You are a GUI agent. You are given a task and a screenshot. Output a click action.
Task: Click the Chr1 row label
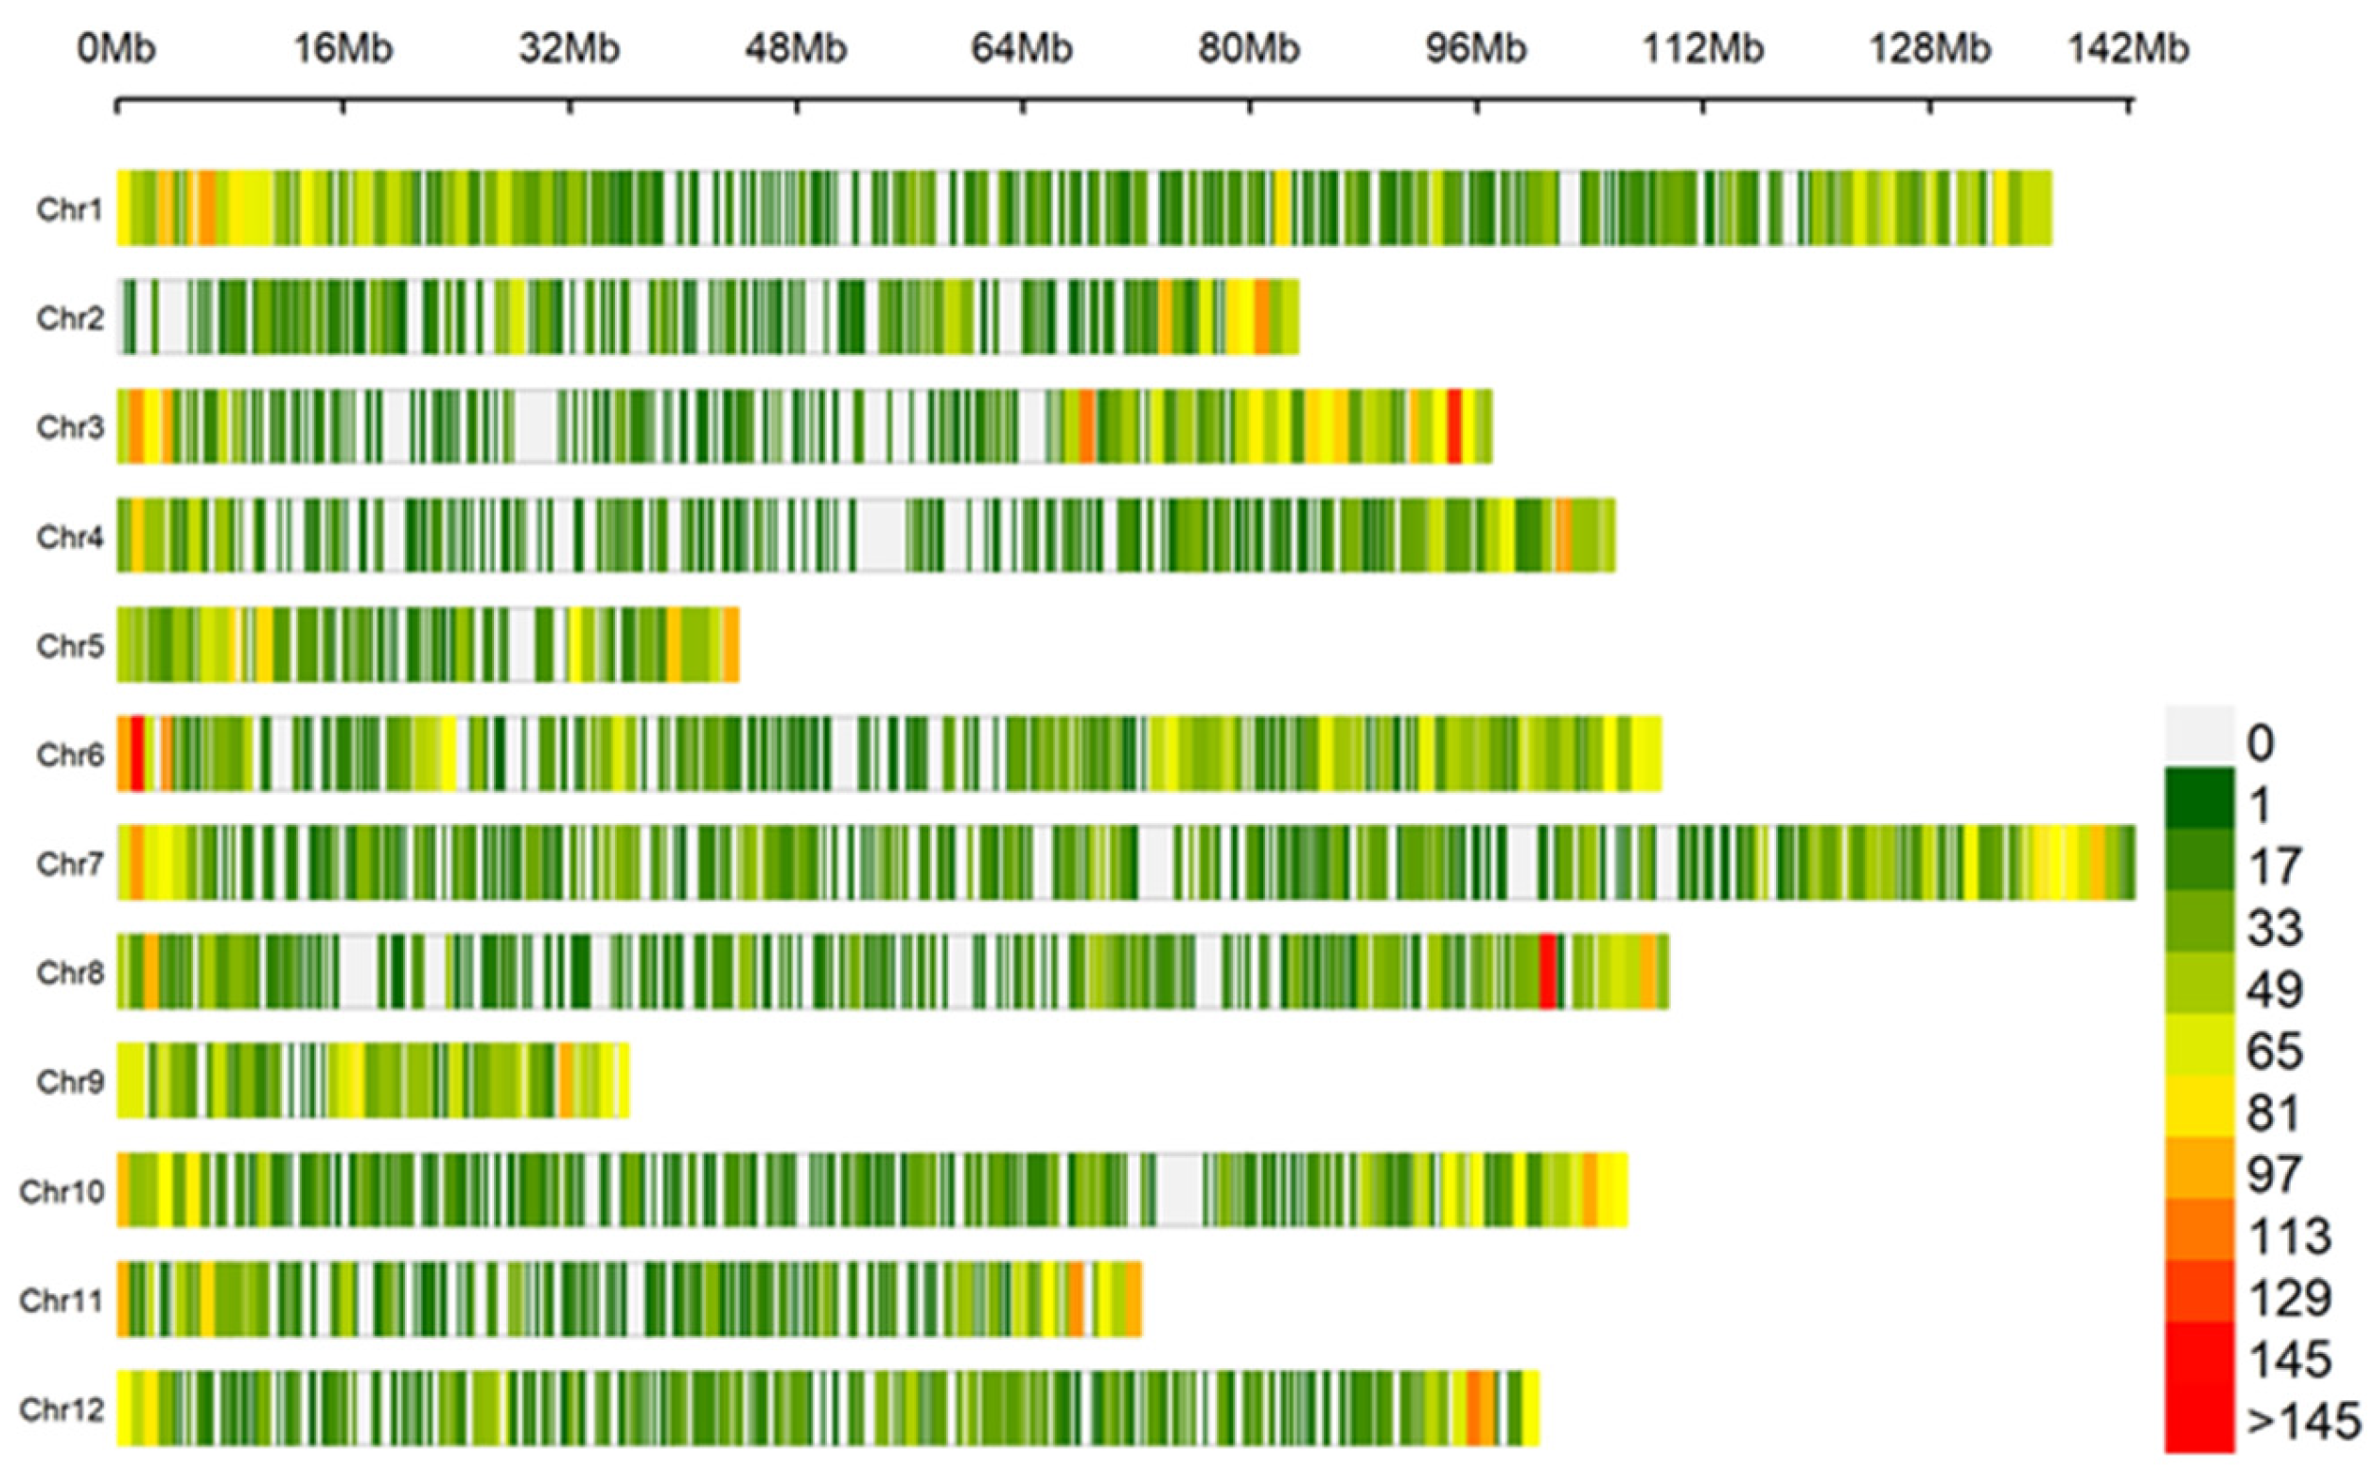(68, 209)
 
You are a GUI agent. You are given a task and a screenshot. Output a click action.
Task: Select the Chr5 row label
(68, 645)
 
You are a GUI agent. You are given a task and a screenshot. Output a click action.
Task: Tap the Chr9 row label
(68, 1081)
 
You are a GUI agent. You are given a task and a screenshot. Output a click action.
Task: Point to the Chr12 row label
(61, 1409)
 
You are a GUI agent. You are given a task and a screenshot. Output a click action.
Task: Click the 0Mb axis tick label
(116, 47)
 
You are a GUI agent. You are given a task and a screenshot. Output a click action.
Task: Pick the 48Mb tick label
(796, 47)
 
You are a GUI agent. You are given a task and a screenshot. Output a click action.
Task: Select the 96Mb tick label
(1475, 47)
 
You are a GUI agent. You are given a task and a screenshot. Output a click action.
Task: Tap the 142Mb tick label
(2128, 47)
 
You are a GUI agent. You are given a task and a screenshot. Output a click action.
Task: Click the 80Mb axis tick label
(1248, 47)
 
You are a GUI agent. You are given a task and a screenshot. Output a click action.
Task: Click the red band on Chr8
(1547, 972)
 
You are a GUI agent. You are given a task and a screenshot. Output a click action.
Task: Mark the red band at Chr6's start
(137, 754)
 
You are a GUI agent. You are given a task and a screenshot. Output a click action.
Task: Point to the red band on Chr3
(1453, 426)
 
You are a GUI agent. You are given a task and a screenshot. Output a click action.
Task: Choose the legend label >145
(2303, 1422)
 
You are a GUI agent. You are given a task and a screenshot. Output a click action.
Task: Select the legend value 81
(2274, 1114)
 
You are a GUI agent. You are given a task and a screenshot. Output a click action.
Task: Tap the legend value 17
(2274, 866)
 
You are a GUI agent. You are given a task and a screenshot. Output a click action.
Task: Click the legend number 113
(2289, 1237)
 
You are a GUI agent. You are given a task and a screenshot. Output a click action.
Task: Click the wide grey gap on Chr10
(1180, 1190)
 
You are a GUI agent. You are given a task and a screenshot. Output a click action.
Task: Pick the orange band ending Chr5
(731, 645)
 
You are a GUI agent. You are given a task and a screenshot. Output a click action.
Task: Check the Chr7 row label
(68, 863)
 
